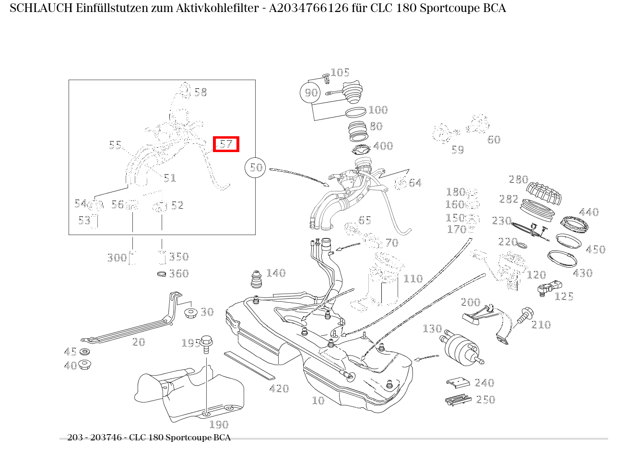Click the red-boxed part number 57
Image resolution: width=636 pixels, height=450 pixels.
point(226,144)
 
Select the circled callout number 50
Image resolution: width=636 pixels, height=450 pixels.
point(256,167)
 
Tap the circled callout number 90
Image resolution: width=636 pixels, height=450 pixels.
point(311,93)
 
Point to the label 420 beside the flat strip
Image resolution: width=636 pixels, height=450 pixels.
point(279,389)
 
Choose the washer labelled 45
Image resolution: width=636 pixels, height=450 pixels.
point(85,352)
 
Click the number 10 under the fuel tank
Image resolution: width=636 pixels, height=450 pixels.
point(318,401)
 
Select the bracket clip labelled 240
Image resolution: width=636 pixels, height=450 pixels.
point(458,382)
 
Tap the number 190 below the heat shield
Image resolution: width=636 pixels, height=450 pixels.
point(219,425)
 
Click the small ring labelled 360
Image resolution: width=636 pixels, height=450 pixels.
point(162,274)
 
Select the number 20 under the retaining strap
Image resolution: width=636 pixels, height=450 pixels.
point(139,342)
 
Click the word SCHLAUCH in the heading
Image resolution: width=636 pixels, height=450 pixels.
point(41,8)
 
